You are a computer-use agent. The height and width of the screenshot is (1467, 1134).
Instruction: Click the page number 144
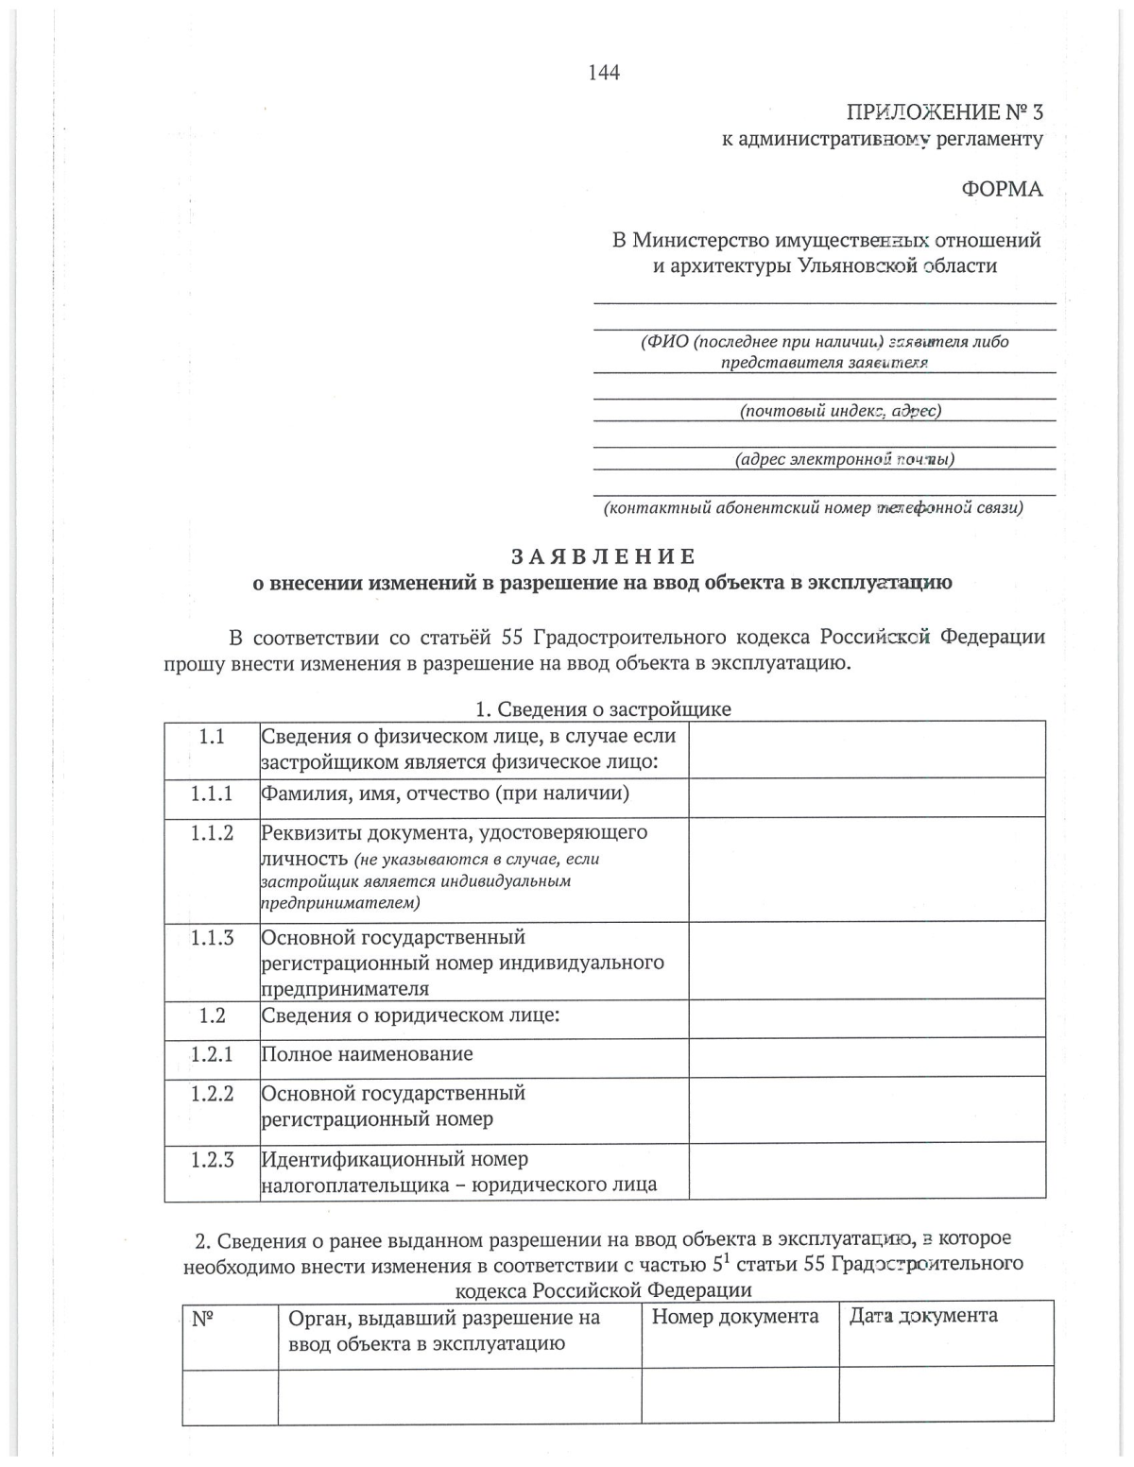pos(604,73)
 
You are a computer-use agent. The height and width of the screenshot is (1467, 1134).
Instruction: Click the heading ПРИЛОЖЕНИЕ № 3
pos(944,112)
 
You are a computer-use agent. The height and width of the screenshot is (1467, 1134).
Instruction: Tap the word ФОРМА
pos(1002,189)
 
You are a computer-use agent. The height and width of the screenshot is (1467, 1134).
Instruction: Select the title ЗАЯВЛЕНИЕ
pos(604,556)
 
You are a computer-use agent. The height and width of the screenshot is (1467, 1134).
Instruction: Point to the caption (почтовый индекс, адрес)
pos(839,410)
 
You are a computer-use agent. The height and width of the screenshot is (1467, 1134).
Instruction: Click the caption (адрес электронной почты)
pos(844,459)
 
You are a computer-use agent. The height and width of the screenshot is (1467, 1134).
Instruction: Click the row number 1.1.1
pos(212,793)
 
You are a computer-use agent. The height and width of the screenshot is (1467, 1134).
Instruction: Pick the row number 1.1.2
pos(212,833)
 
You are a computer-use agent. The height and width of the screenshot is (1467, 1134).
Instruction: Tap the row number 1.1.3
pos(212,938)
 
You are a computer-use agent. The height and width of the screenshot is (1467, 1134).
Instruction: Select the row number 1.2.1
pos(212,1054)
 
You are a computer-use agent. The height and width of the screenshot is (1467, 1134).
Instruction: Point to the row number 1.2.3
pos(212,1159)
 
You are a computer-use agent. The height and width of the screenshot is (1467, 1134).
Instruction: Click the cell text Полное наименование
pos(367,1054)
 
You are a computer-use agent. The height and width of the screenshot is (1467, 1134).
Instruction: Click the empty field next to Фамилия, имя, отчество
pos(867,797)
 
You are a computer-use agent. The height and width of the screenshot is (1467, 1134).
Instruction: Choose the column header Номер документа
pos(735,1317)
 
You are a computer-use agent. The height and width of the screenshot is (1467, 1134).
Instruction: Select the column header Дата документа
pos(923,1316)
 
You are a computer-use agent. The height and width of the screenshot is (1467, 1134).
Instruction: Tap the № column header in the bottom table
pos(202,1318)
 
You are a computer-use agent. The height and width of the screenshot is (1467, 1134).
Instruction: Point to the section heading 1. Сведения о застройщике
pos(603,708)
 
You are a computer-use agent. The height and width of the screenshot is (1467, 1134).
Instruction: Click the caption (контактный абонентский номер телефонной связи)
pos(814,508)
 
